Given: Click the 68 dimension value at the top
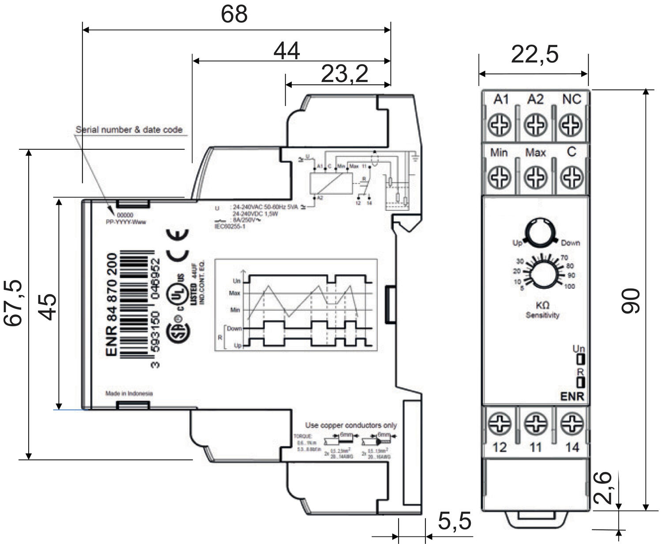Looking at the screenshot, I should (234, 14).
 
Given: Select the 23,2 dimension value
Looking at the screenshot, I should (344, 73).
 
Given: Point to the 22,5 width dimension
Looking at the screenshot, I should (534, 54).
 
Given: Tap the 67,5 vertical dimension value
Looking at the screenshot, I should (13, 303).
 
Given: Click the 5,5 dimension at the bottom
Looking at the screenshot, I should (454, 521).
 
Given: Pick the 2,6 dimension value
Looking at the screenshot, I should (603, 487).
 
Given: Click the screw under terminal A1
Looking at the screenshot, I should (500, 125).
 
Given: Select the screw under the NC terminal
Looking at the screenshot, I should (571, 125).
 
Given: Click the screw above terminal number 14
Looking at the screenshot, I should (572, 423).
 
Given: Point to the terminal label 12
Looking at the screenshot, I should (499, 447).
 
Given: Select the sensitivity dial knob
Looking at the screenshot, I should (543, 274).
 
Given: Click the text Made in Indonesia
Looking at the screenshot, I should (129, 393).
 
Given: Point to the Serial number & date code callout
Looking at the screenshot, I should (129, 130).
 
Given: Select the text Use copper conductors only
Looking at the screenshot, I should (351, 425).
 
